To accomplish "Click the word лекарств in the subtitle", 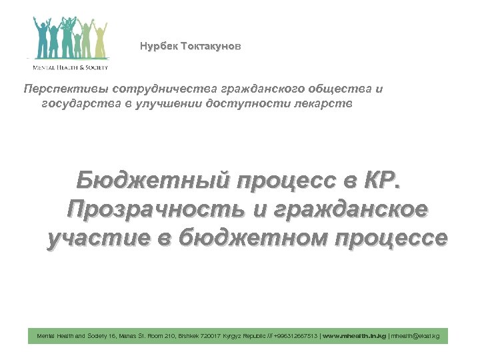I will pos(331,103).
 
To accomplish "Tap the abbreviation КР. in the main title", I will pos(383,179).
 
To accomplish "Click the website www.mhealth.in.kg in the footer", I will pos(354,337).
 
